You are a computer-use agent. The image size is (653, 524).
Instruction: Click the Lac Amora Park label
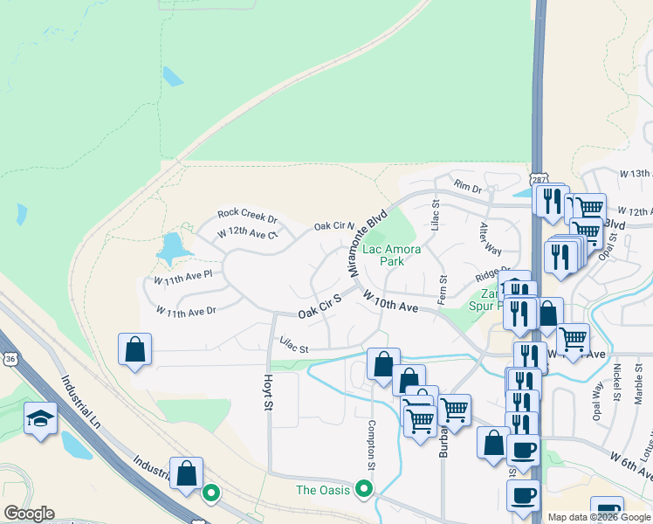(x=391, y=255)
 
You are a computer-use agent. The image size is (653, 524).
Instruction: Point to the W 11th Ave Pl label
(x=183, y=279)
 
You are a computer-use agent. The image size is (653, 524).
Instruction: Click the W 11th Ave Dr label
(x=185, y=310)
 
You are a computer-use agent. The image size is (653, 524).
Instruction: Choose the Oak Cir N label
(x=333, y=225)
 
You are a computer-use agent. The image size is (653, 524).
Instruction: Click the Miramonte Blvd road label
(x=368, y=243)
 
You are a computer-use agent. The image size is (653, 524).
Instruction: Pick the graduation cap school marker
(x=41, y=418)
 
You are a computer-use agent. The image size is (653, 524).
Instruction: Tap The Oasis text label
(x=323, y=490)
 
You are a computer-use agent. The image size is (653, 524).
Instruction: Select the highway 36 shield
(x=9, y=358)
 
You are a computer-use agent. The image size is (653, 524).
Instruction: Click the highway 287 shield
(x=539, y=178)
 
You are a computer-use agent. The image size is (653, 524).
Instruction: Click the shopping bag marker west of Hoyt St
(x=135, y=349)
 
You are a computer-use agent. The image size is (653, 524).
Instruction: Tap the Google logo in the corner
(x=29, y=514)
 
